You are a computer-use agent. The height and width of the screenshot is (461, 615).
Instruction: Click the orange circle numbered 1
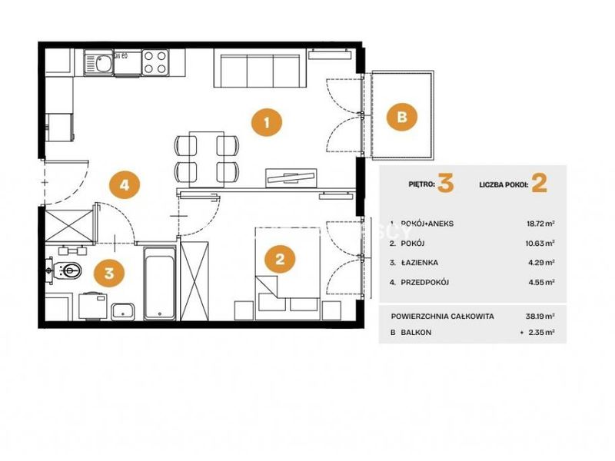click(x=267, y=123)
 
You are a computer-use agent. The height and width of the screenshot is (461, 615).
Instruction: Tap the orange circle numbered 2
click(x=280, y=259)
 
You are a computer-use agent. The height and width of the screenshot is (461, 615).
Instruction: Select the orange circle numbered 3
click(x=109, y=273)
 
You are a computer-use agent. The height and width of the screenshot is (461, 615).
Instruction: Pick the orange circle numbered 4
click(x=125, y=184)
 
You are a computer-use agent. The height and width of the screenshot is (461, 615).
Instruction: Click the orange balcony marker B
click(x=402, y=117)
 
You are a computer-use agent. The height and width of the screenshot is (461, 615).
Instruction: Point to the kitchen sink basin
click(x=99, y=63)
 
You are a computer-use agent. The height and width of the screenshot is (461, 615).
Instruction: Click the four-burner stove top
click(x=155, y=62)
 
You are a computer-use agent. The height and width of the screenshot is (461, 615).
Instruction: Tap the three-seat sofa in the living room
click(x=260, y=68)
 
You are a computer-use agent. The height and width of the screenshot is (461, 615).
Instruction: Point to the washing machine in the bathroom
click(x=93, y=306)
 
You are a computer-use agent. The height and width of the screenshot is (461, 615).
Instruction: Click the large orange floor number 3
click(x=446, y=183)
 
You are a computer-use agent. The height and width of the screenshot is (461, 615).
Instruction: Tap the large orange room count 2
click(x=540, y=183)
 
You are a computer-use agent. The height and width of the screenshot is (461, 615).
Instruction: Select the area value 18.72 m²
click(x=540, y=224)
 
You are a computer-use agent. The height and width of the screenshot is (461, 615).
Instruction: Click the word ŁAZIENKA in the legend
click(x=419, y=263)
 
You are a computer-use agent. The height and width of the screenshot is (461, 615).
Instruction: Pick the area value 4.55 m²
click(x=542, y=282)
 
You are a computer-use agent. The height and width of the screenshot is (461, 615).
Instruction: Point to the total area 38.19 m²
click(x=540, y=316)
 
